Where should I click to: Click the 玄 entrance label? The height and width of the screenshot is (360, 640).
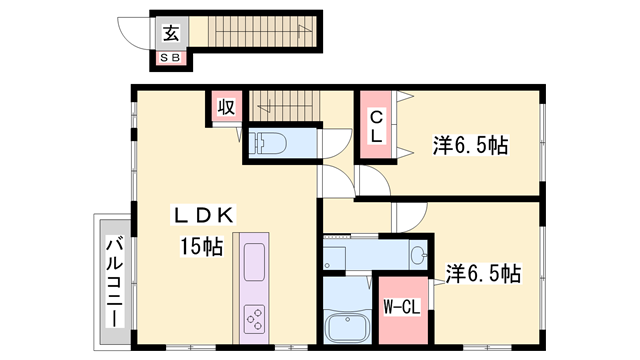[171, 33]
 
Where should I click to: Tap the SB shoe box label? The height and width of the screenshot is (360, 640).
[171, 60]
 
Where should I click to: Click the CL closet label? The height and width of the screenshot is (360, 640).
[377, 125]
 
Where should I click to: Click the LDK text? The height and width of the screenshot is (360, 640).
[205, 215]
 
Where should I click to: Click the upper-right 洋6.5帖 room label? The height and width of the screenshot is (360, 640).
[471, 145]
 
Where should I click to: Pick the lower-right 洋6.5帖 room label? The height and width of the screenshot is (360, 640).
[483, 272]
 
